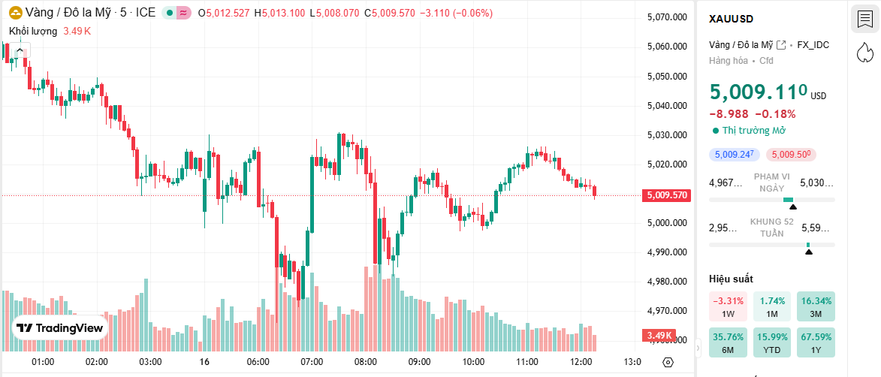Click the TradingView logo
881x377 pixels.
point(60,327)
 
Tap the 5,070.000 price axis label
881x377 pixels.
point(667,17)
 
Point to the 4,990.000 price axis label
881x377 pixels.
point(667,252)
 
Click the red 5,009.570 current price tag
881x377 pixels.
point(667,195)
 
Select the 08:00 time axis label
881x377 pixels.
point(365,362)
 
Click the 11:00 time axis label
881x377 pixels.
point(527,362)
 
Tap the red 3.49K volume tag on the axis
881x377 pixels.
point(659,335)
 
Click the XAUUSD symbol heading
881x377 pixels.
point(731,19)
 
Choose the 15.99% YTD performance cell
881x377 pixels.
point(771,342)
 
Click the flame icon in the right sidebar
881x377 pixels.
point(864,52)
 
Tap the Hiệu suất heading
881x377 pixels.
point(731,279)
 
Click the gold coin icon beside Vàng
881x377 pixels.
point(15,13)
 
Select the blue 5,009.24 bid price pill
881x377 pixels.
point(735,155)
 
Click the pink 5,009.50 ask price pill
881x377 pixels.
point(791,155)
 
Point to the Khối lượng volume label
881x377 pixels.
point(33,31)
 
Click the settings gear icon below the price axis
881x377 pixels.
point(668,363)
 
